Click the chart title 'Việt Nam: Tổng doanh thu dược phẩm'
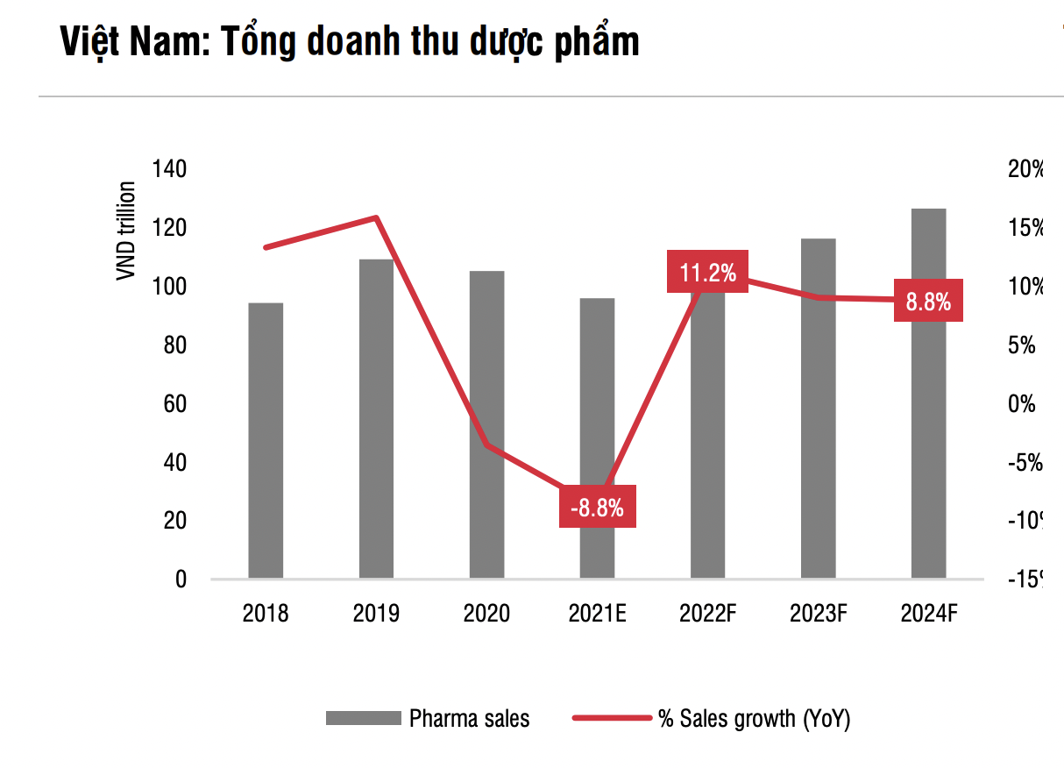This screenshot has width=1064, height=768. pyautogui.click(x=349, y=41)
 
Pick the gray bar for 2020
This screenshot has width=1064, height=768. pyautogui.click(x=486, y=424)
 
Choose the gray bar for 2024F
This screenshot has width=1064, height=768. pyautogui.click(x=928, y=394)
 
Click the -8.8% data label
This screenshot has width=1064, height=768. pyautogui.click(x=597, y=507)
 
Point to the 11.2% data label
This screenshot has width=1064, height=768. pyautogui.click(x=707, y=272)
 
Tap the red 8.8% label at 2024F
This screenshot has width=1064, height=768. pyautogui.click(x=928, y=302)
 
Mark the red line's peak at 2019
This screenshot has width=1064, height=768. pyautogui.click(x=376, y=217)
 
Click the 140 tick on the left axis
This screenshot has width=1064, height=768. pyautogui.click(x=169, y=169)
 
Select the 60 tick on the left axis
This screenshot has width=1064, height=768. pyautogui.click(x=174, y=404)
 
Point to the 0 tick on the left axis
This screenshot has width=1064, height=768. pyautogui.click(x=181, y=580)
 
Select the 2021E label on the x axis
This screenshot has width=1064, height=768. pyautogui.click(x=597, y=613)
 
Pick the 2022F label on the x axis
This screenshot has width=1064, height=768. pyautogui.click(x=707, y=613)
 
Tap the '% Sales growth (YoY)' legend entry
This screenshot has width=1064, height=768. pyautogui.click(x=754, y=719)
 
